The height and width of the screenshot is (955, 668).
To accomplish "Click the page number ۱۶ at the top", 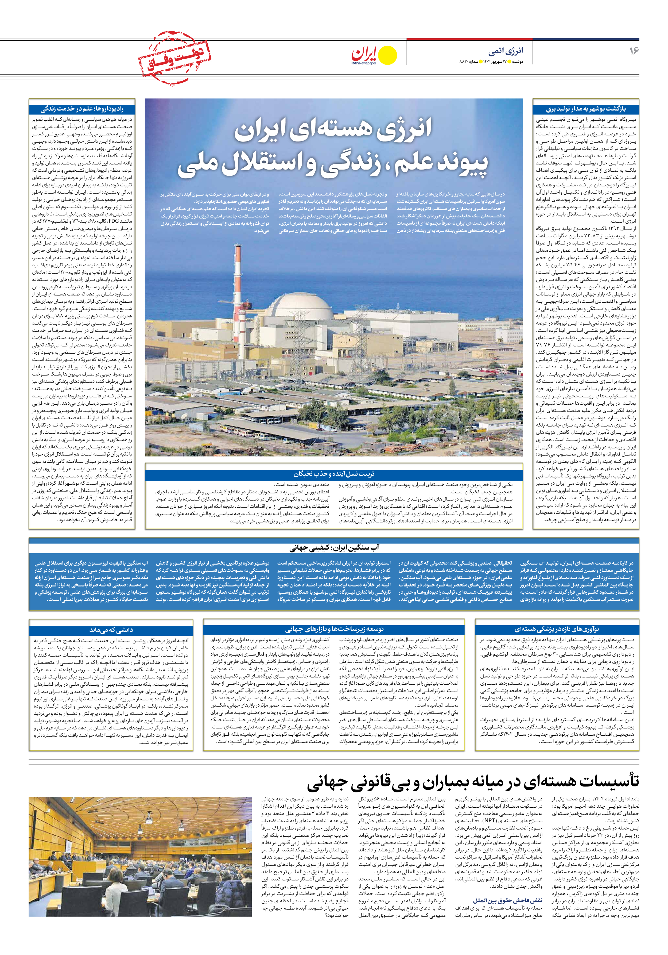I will (634, 51).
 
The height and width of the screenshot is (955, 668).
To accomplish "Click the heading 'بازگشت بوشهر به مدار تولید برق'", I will (585, 109).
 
